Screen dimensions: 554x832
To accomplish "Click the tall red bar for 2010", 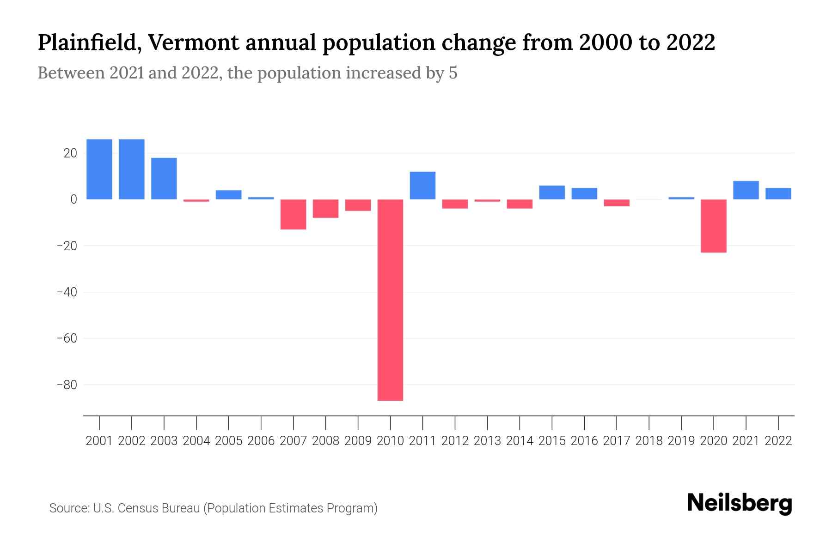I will [390, 300].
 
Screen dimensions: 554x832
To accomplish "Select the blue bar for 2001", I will [99, 169].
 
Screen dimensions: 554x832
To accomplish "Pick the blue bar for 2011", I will [422, 186].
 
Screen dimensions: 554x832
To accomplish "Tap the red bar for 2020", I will [713, 226].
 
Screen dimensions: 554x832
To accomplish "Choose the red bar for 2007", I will [293, 214].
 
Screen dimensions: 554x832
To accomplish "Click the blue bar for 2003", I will [164, 179].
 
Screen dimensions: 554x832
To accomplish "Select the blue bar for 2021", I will [746, 190].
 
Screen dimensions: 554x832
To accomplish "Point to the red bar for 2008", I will [325, 208].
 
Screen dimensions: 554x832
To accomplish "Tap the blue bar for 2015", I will [552, 193].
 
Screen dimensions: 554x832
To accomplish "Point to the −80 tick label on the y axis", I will [67, 385].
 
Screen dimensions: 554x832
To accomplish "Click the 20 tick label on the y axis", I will [70, 153].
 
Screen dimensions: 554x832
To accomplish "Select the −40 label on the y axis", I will [67, 292].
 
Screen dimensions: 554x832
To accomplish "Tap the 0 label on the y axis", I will [73, 199].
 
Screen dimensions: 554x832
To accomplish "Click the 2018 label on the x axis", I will [649, 441].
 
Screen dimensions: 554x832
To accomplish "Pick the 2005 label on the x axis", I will [229, 441].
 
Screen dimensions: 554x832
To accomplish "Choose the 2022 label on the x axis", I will [778, 441].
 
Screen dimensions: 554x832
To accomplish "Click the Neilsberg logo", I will [740, 503].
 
